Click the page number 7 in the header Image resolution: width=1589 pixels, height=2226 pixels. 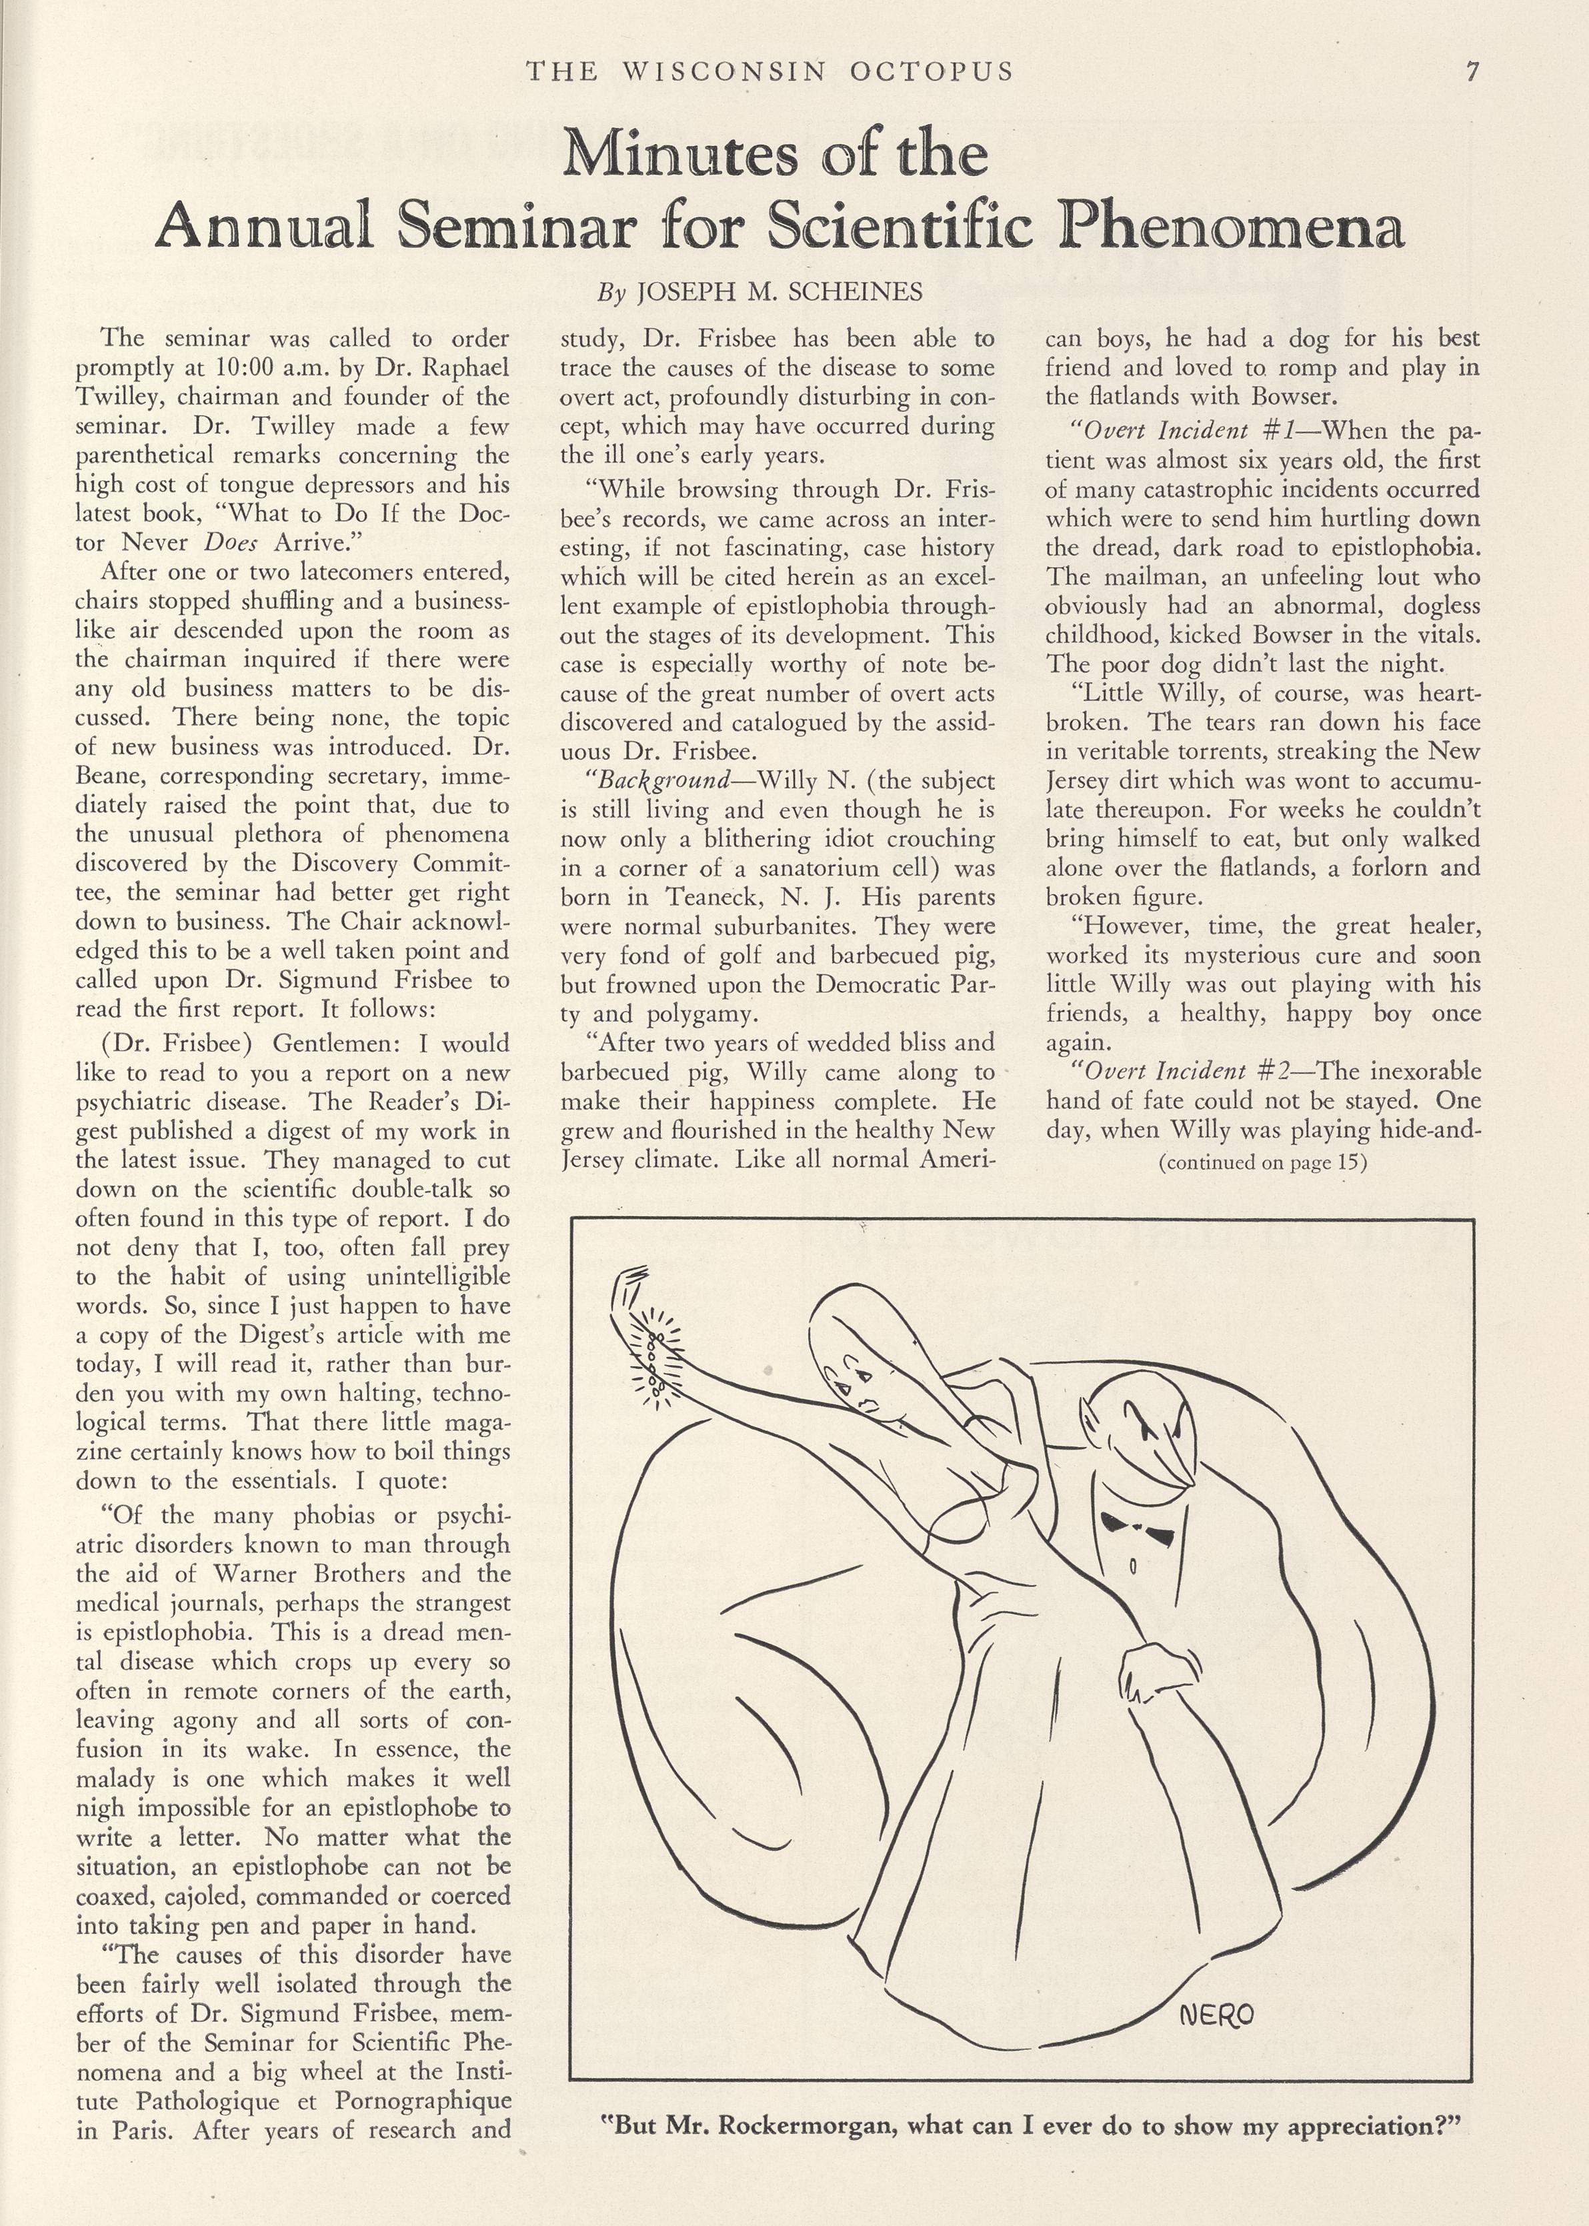(1472, 71)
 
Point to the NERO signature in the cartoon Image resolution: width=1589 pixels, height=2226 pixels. (1216, 2014)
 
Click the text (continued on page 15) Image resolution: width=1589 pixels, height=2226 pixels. (1262, 1162)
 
